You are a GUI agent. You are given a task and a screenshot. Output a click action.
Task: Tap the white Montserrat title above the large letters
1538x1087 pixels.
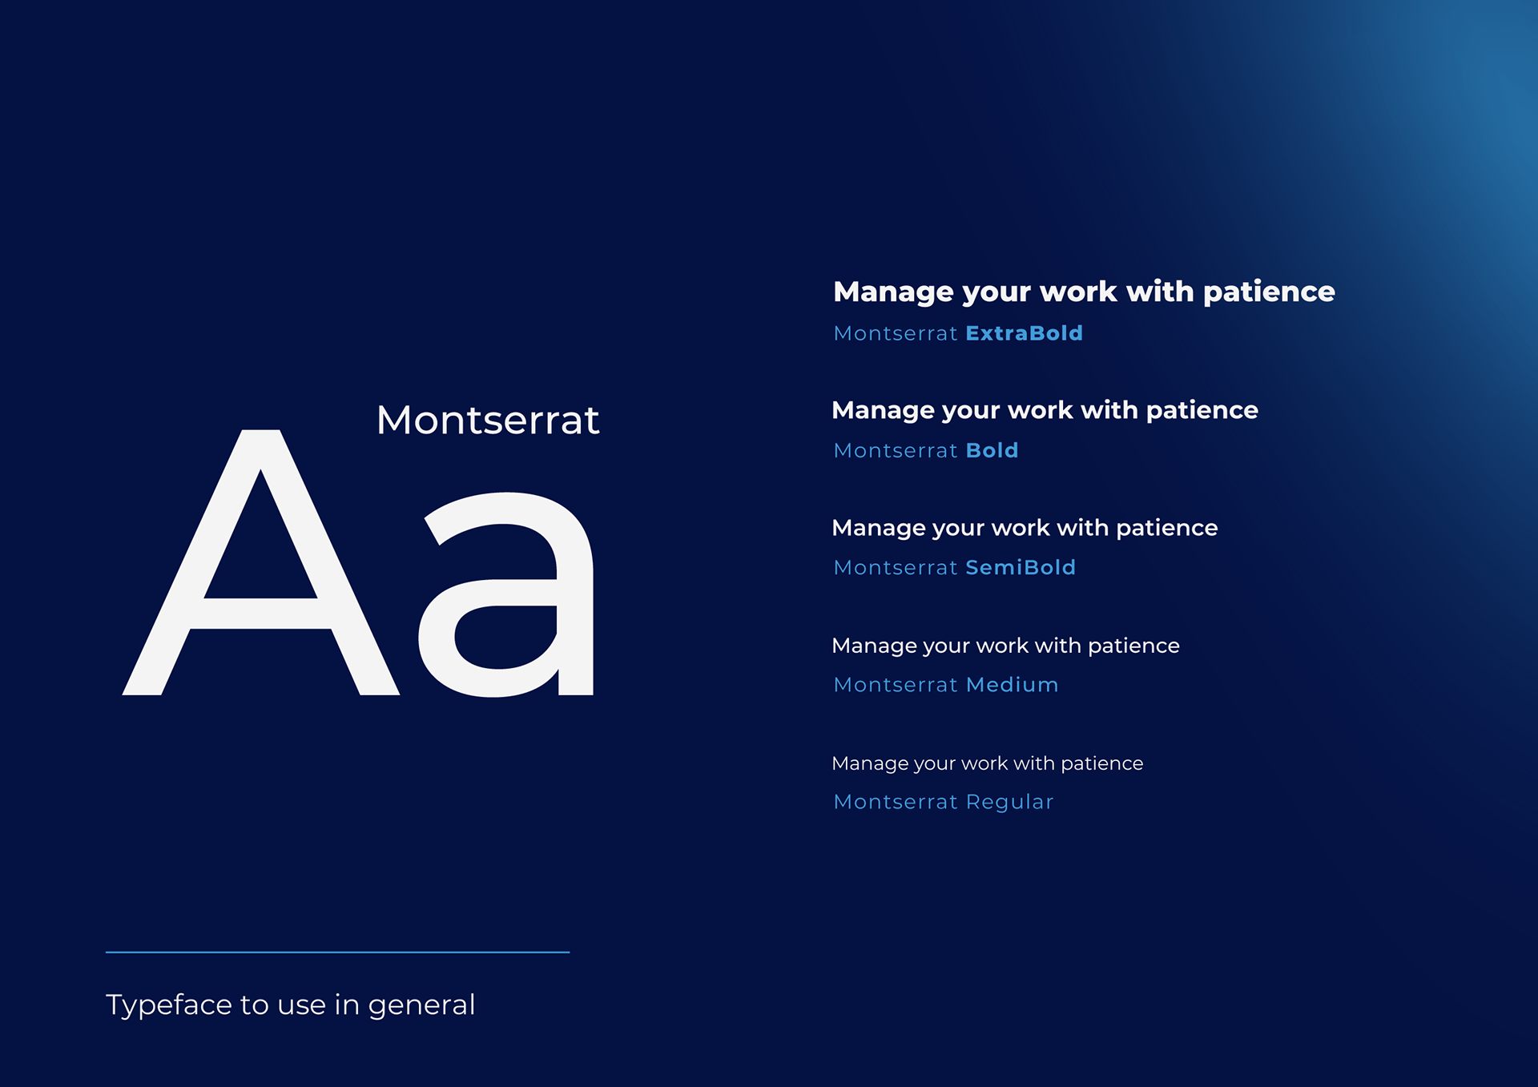pos(488,421)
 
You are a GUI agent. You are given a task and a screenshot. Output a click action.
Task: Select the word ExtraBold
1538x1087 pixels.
pos(1025,333)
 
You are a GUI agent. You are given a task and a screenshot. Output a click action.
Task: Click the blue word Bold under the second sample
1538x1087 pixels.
pos(992,450)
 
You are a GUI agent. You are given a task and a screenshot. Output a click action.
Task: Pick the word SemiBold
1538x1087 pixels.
pos(1021,567)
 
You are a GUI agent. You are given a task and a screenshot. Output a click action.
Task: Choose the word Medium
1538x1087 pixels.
pos(1013,685)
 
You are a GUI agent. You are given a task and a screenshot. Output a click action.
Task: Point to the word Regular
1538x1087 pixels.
pos(1010,803)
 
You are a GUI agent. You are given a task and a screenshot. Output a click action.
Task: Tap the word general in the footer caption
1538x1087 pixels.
pos(421,1006)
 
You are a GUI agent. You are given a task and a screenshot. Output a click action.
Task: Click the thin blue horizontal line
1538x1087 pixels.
pos(337,952)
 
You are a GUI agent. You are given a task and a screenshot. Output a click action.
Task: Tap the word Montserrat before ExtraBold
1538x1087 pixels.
pos(896,333)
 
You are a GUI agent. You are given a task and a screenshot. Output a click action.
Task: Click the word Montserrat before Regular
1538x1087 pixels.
pos(896,802)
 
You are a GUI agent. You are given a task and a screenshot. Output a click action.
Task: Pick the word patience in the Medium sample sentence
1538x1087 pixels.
pos(1133,646)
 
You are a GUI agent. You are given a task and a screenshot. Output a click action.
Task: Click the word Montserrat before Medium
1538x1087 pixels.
pos(896,685)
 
